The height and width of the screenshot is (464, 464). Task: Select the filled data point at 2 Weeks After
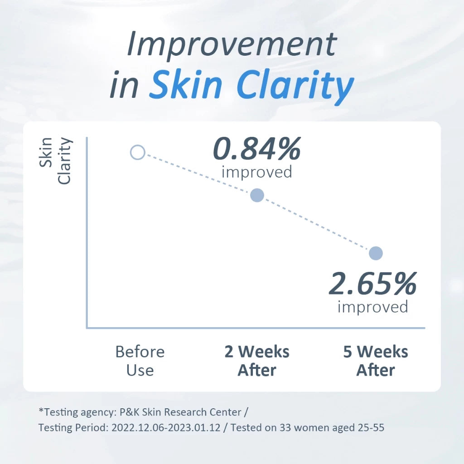[x=257, y=195]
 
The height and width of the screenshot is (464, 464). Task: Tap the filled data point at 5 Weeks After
[x=376, y=253]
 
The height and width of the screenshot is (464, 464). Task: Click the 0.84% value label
[x=257, y=149]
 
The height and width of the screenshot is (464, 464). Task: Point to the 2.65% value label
[x=373, y=284]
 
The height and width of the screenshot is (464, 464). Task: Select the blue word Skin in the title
[x=185, y=84]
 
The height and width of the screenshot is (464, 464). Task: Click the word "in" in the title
[x=124, y=84]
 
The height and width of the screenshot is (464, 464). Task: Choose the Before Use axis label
[x=140, y=361]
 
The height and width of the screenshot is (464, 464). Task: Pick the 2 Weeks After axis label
[x=257, y=361]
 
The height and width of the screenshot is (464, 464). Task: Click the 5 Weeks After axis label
[x=376, y=361]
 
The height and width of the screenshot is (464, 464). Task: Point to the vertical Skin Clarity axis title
[x=55, y=161]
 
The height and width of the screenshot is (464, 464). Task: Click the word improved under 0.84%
[x=257, y=172]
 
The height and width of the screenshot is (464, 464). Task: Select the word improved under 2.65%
[x=373, y=307]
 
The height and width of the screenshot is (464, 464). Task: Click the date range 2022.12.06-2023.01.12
[x=166, y=428]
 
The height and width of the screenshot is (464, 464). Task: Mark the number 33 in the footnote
[x=285, y=428]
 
